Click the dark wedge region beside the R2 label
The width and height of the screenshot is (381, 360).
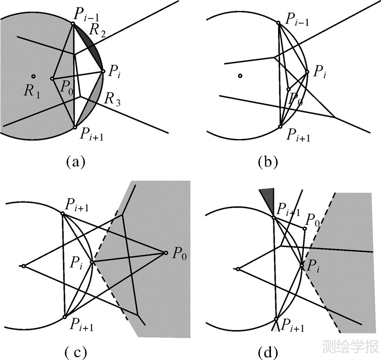[90, 43]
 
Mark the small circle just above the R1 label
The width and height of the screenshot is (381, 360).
[33, 76]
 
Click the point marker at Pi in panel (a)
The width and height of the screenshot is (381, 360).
[103, 72]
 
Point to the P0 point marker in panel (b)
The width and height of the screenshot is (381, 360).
[288, 89]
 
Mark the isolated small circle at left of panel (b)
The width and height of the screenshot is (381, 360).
[241, 76]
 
